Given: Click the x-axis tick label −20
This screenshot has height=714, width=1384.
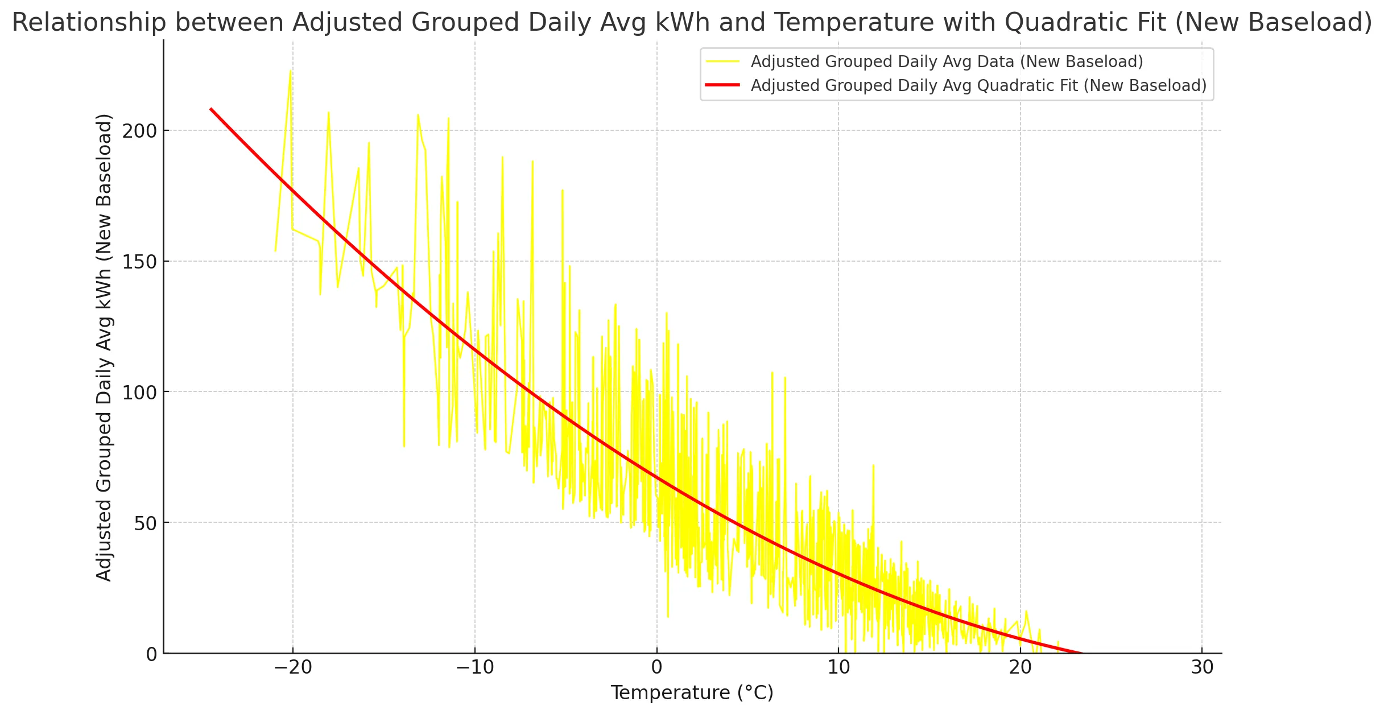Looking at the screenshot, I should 292,667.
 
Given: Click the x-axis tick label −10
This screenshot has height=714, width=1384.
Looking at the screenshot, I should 474,667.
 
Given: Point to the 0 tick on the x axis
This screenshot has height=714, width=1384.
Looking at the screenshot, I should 656,667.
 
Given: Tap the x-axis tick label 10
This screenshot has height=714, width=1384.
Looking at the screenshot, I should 838,667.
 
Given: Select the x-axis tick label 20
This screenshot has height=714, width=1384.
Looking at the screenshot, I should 1020,667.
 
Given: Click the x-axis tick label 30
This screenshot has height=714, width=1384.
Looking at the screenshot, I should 1202,667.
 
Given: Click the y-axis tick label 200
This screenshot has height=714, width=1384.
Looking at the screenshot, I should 139,131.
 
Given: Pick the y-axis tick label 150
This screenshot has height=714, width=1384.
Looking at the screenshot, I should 139,262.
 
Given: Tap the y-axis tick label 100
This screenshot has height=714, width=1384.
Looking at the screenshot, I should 139,393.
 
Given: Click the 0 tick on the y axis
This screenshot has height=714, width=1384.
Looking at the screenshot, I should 151,654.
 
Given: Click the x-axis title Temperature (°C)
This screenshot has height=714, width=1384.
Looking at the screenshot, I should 692,693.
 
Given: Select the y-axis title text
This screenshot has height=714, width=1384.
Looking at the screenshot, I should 104,347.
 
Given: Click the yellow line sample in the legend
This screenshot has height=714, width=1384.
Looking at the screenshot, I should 722,61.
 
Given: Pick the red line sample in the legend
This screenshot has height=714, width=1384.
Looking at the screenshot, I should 722,85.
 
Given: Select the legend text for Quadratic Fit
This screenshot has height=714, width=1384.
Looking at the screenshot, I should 978,85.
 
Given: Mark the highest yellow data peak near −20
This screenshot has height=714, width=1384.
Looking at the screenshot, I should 291,71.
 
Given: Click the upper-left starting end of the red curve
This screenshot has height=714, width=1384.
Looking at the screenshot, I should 211,109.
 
